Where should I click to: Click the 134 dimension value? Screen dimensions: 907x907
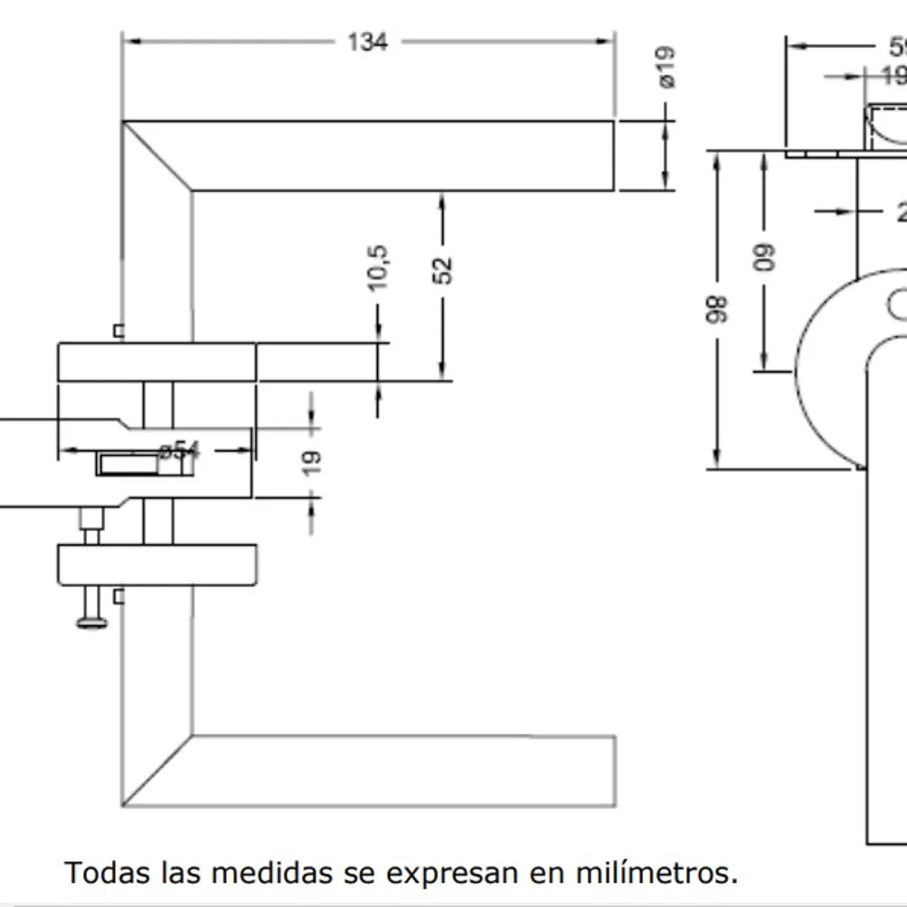tap(368, 42)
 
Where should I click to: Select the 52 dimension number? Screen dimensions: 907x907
tap(443, 270)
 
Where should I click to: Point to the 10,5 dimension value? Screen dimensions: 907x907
tap(378, 267)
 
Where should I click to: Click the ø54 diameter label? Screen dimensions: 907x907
tap(179, 450)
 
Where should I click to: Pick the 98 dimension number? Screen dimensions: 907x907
tap(717, 310)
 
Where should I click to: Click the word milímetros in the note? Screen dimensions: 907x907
tap(656, 872)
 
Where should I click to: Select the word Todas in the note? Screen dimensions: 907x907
tap(107, 872)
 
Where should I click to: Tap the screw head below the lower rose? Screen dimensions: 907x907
tap(92, 622)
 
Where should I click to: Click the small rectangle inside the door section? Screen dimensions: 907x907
tap(144, 464)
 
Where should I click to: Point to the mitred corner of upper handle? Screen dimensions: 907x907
tap(156, 155)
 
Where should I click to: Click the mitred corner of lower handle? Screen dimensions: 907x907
tap(156, 769)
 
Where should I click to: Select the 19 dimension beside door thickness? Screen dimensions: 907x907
tap(311, 462)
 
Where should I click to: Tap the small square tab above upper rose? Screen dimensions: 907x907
tap(118, 330)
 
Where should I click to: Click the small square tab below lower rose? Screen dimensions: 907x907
tap(118, 596)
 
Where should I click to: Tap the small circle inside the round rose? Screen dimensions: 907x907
tap(899, 305)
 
